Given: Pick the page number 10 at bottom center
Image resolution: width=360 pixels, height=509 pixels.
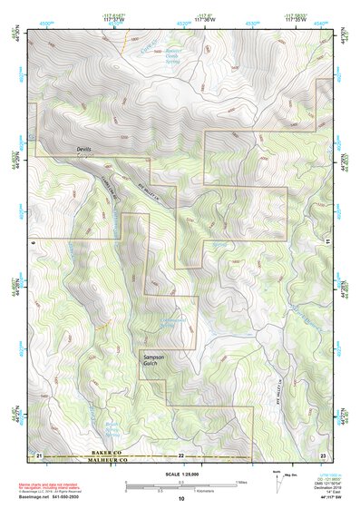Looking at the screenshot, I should (180, 499).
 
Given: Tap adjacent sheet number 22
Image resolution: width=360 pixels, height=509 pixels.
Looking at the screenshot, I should (180, 452).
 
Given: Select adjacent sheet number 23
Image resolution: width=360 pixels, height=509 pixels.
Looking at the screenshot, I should (323, 452).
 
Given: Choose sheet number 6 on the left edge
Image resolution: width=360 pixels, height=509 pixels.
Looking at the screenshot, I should (32, 243).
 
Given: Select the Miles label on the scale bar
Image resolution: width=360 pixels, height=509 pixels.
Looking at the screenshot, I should (240, 482).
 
